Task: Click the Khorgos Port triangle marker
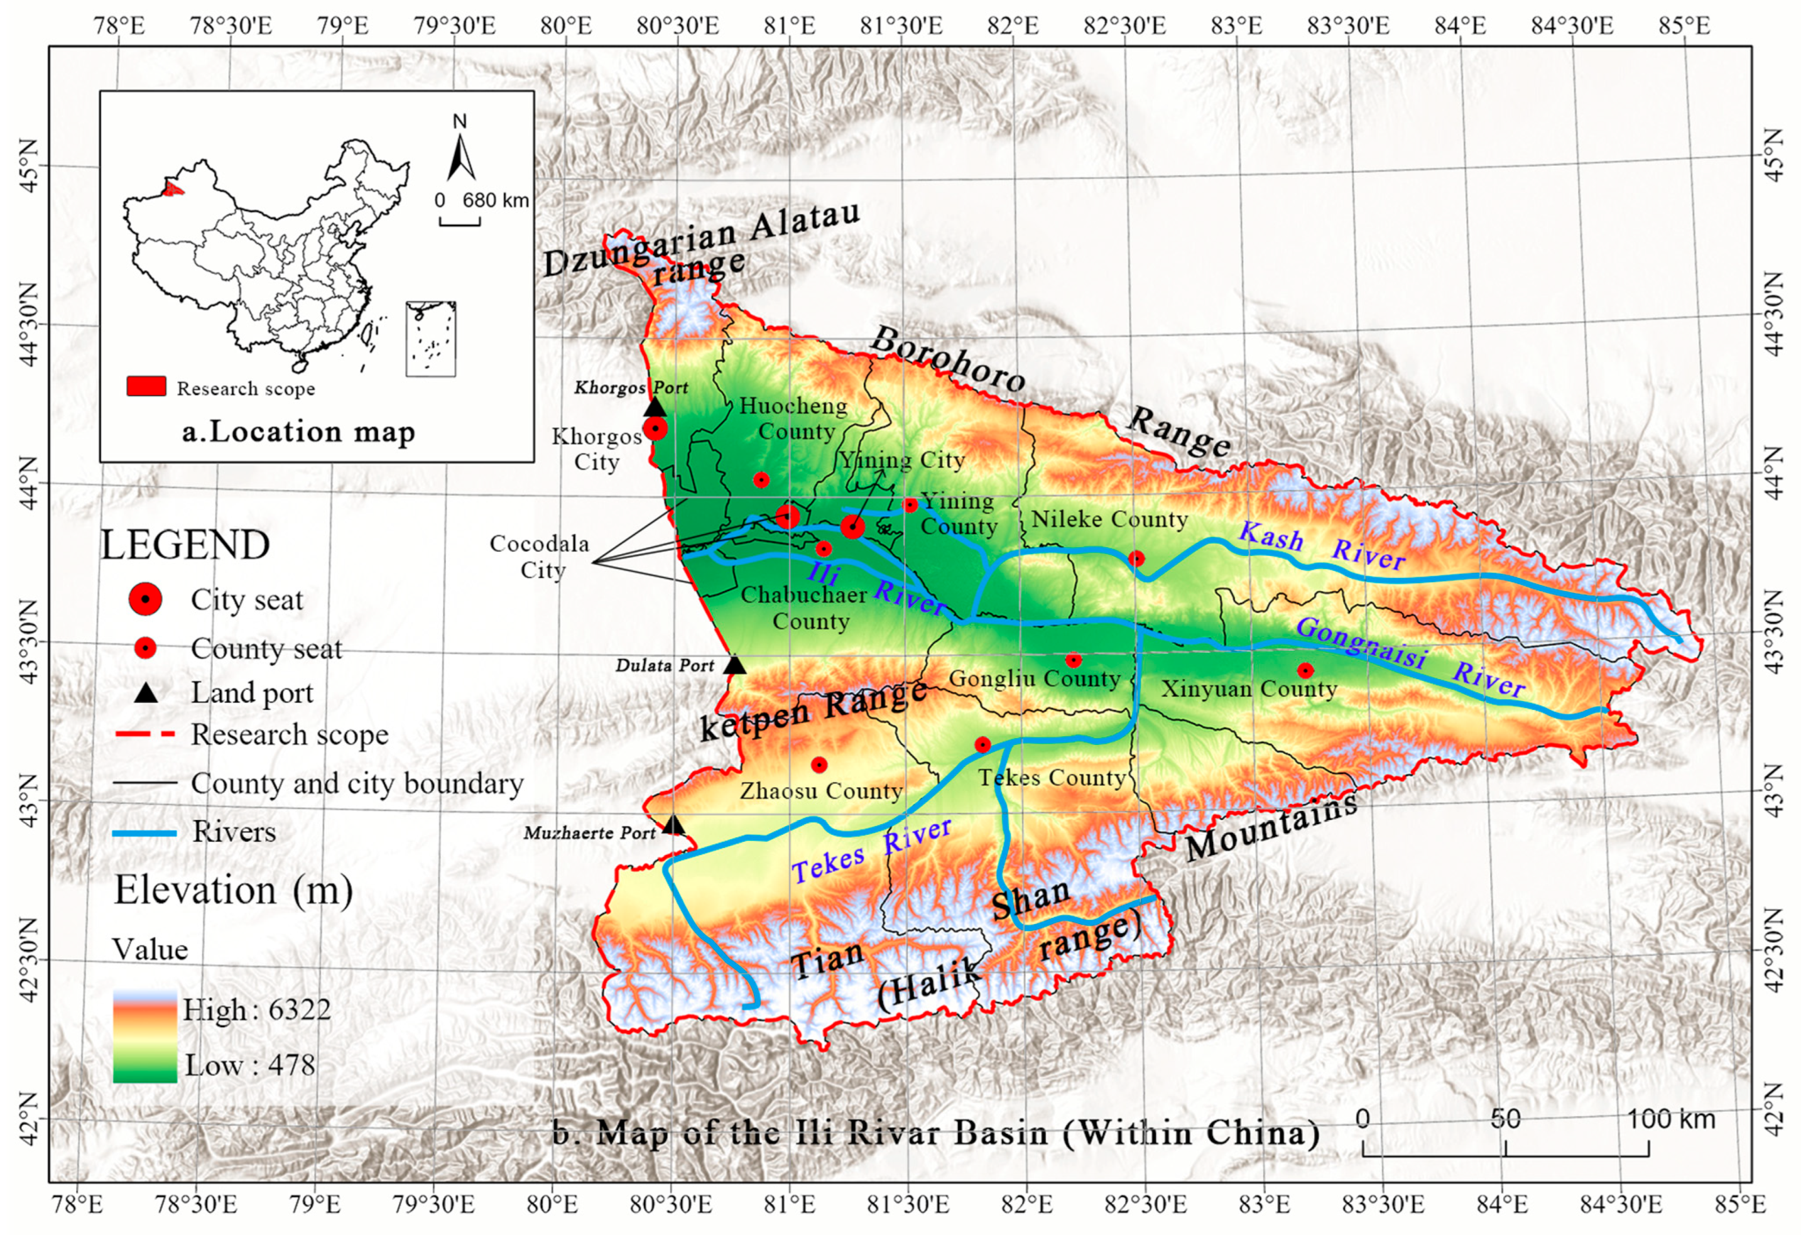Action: pos(655,408)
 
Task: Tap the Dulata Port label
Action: pos(664,665)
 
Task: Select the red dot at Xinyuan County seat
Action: pos(1305,670)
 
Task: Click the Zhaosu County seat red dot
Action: pos(819,764)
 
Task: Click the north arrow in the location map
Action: pos(460,156)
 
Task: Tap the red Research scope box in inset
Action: pos(146,386)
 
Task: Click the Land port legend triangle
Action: pos(146,692)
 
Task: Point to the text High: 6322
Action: pos(256,1009)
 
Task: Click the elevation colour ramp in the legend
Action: pos(145,1036)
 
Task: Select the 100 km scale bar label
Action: pos(1670,1119)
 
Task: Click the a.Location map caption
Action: pos(298,432)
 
